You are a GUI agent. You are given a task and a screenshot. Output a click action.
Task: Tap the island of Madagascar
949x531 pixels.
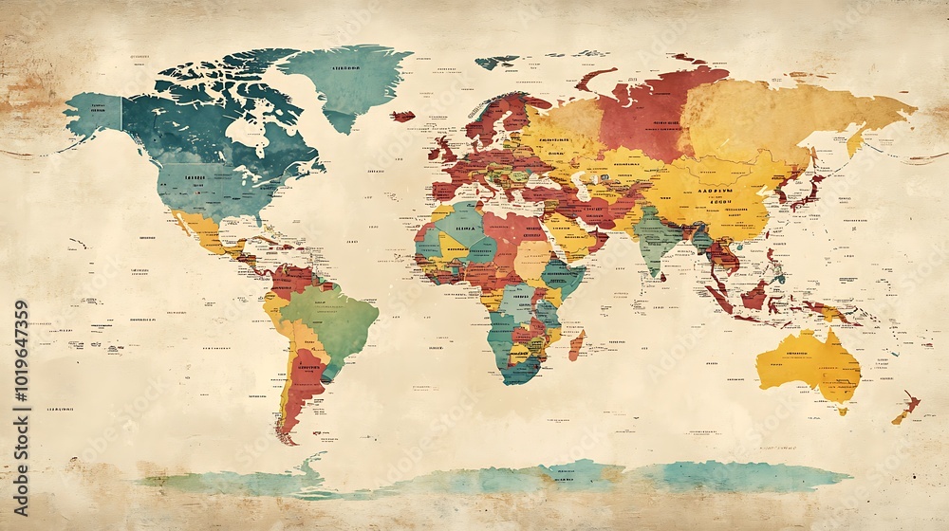[x=576, y=344]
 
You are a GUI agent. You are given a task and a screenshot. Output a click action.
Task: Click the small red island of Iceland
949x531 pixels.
[x=403, y=117]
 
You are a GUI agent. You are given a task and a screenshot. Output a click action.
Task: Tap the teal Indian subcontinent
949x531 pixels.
[x=655, y=237]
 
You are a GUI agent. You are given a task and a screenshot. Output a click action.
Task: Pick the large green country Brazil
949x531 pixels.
[x=332, y=318]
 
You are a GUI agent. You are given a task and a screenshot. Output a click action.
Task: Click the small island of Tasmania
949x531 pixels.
[x=841, y=409]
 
